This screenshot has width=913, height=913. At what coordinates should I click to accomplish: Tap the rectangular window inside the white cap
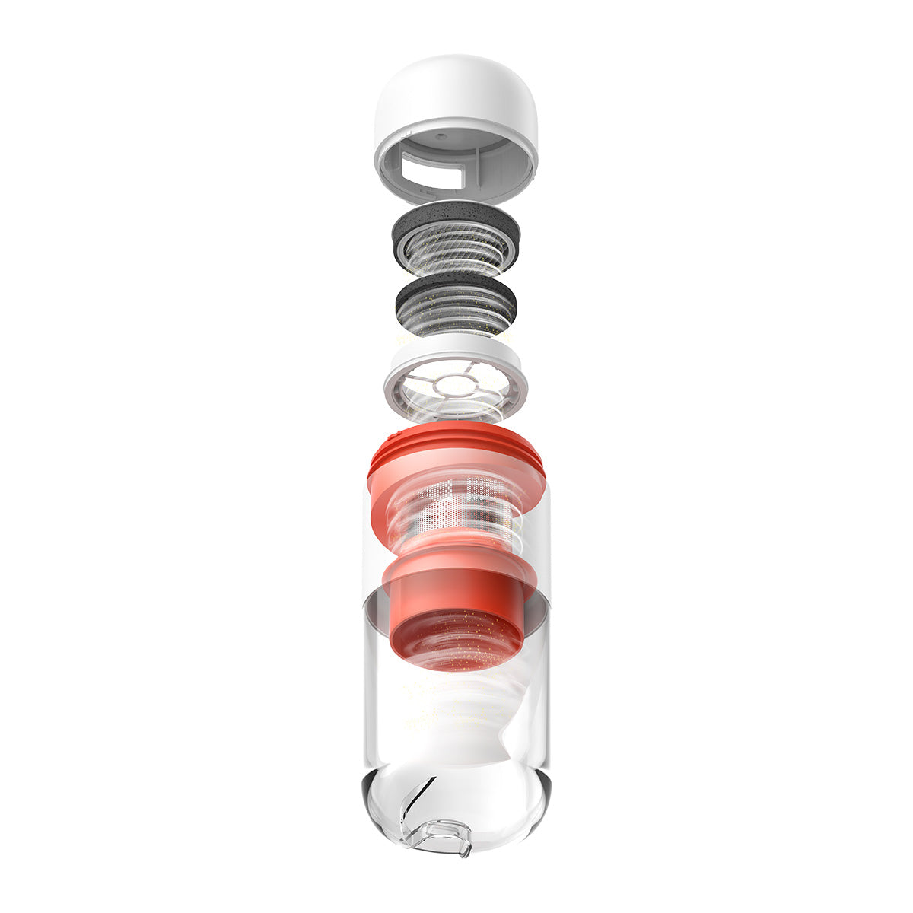[x=430, y=169]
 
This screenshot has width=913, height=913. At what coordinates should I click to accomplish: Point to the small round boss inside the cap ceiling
[x=441, y=138]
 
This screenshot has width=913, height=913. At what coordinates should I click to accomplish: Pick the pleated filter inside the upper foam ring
[x=456, y=247]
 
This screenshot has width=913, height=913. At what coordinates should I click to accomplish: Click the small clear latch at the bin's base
[x=441, y=833]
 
